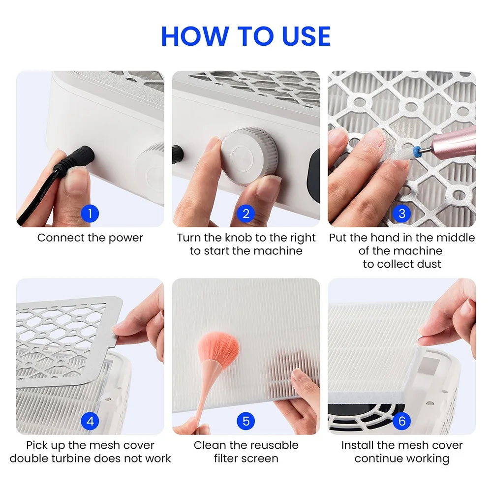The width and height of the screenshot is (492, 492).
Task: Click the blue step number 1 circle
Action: pyautogui.click(x=90, y=214)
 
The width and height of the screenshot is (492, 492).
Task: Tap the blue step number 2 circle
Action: pyautogui.click(x=246, y=214)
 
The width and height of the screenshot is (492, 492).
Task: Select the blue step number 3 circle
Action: pyautogui.click(x=402, y=214)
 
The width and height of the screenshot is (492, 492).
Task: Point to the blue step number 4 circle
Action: pyautogui.click(x=90, y=421)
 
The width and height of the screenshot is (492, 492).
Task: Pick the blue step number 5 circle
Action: pyautogui.click(x=246, y=421)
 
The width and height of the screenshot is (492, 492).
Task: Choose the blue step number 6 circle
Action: pyautogui.click(x=402, y=421)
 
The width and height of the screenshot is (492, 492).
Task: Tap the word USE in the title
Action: pyautogui.click(x=306, y=36)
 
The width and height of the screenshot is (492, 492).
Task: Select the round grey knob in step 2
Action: pyautogui.click(x=249, y=156)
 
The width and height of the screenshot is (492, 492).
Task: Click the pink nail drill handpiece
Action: pyautogui.click(x=454, y=142)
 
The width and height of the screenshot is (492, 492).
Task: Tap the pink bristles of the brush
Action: pyautogui.click(x=218, y=347)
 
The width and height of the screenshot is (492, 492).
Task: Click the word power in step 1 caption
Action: pyautogui.click(x=126, y=238)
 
